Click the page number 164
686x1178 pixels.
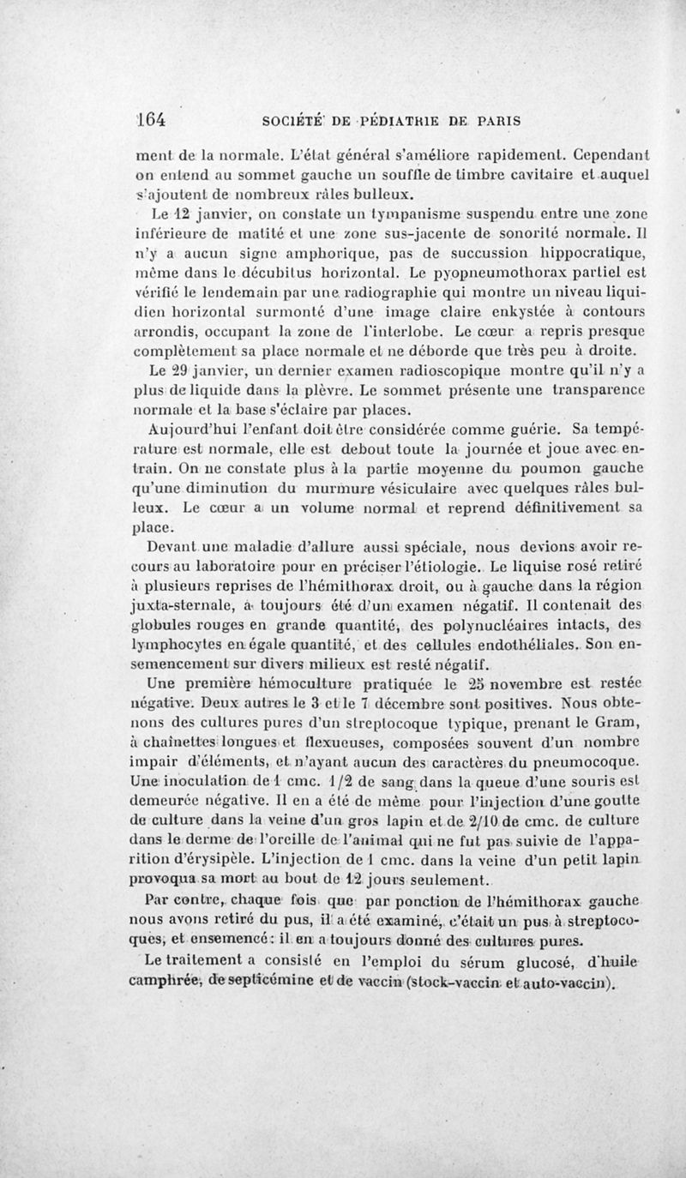[x=147, y=120]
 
